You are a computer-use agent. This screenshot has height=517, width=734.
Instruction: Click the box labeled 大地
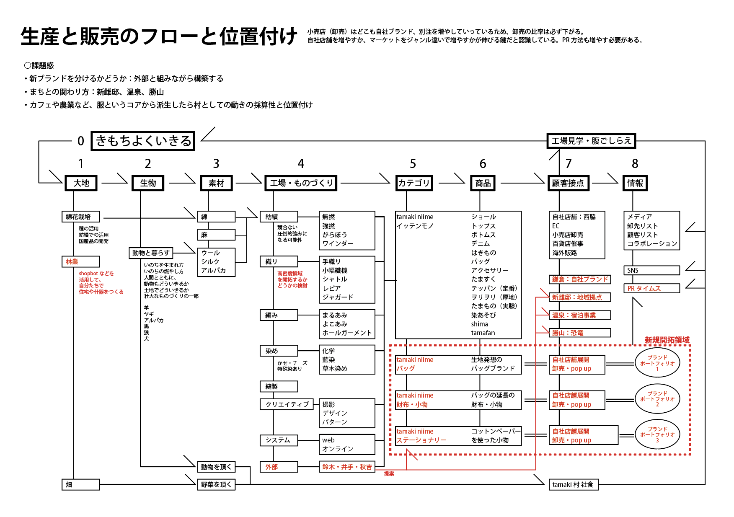tap(81, 183)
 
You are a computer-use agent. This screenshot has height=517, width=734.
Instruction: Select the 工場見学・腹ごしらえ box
tap(591, 141)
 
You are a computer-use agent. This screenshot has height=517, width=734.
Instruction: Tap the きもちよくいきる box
tap(143, 141)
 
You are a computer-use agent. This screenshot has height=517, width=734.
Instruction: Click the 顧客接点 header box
tap(568, 183)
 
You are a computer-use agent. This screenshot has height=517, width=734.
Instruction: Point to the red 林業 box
tap(80, 262)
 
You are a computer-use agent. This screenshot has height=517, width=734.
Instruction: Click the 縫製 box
tap(279, 386)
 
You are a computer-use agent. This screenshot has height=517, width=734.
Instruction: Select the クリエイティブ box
tap(287, 404)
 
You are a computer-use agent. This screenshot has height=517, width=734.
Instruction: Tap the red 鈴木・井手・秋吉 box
tap(347, 467)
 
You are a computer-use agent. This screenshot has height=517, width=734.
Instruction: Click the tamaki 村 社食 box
tap(573, 485)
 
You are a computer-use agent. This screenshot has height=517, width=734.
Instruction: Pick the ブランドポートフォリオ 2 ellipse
tap(657, 399)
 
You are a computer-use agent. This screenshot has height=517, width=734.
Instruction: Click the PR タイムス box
tap(651, 288)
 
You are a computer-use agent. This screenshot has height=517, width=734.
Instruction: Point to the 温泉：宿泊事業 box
tap(579, 315)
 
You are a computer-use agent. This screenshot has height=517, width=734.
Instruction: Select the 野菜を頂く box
tap(216, 485)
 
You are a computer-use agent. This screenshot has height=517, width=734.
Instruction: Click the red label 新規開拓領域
tap(667, 340)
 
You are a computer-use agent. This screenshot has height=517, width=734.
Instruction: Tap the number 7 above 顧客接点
tap(569, 164)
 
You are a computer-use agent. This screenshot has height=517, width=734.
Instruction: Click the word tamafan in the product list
tap(483, 333)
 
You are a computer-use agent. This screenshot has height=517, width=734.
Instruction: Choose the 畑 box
tap(80, 485)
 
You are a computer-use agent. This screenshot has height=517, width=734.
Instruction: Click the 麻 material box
tap(216, 235)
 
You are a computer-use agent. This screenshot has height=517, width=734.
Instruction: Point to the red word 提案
tap(389, 474)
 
